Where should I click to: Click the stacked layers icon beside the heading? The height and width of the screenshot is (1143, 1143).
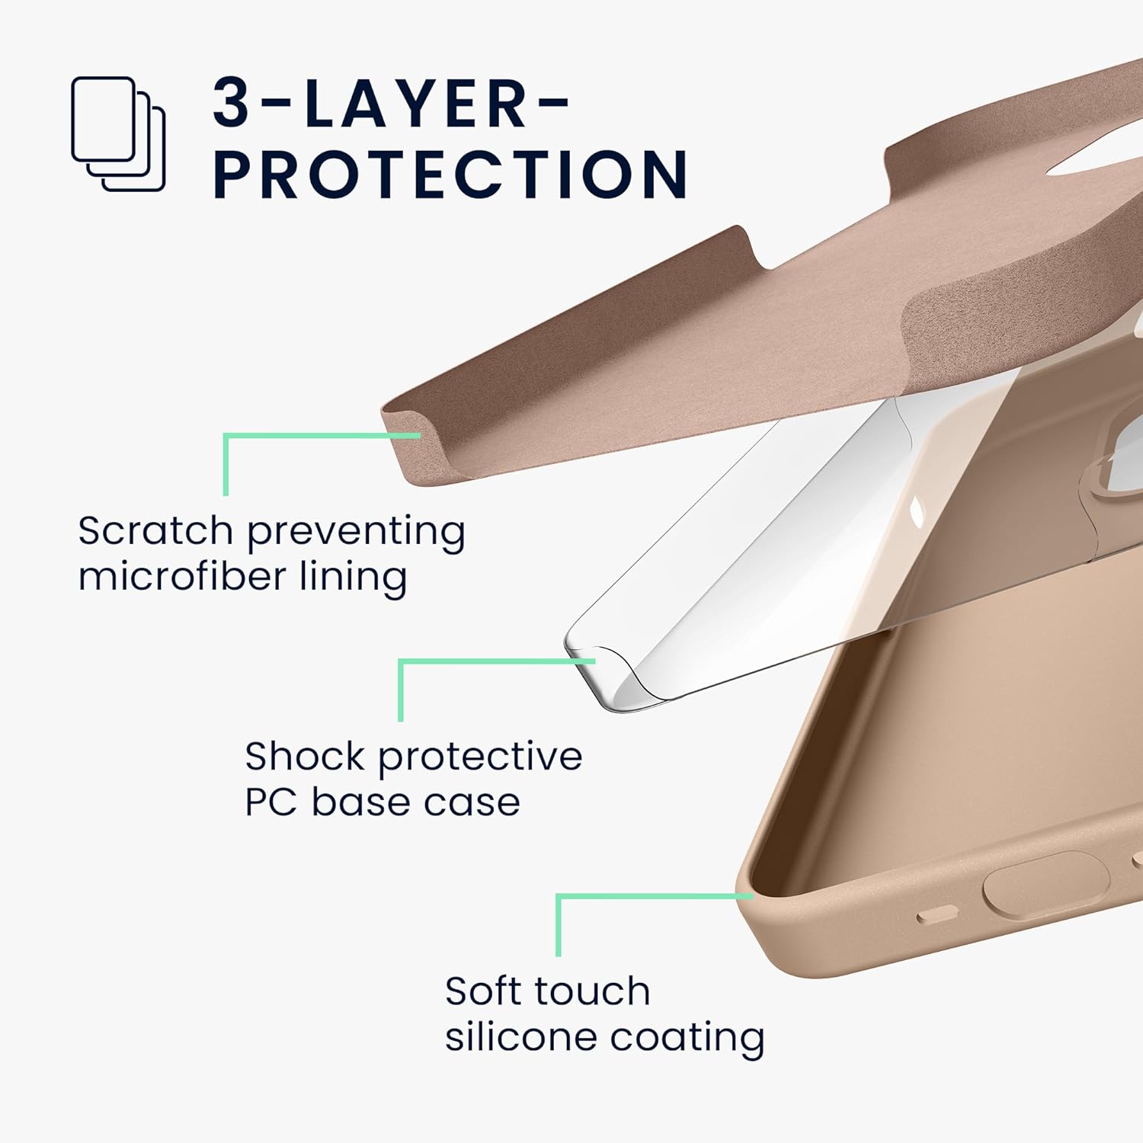[118, 133]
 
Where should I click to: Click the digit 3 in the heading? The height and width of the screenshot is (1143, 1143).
[232, 103]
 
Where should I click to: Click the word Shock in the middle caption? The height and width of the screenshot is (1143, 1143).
[305, 756]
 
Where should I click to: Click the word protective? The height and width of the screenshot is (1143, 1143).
[480, 757]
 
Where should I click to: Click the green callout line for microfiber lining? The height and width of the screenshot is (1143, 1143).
[226, 465]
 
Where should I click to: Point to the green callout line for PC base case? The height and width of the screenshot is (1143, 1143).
[401, 690]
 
